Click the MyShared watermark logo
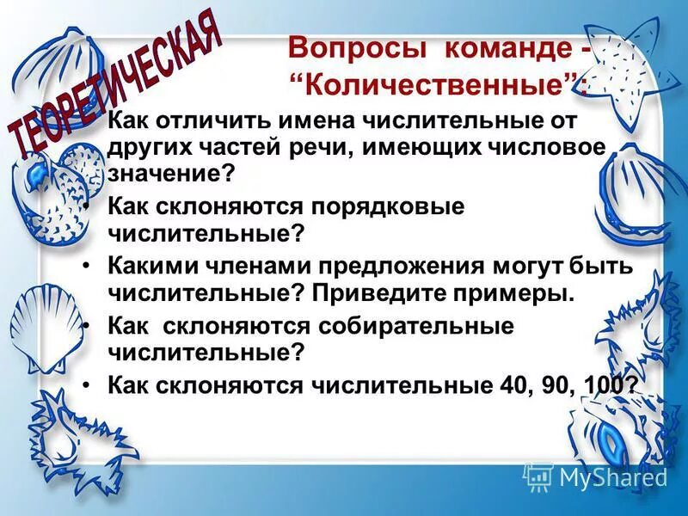point(596,476)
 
